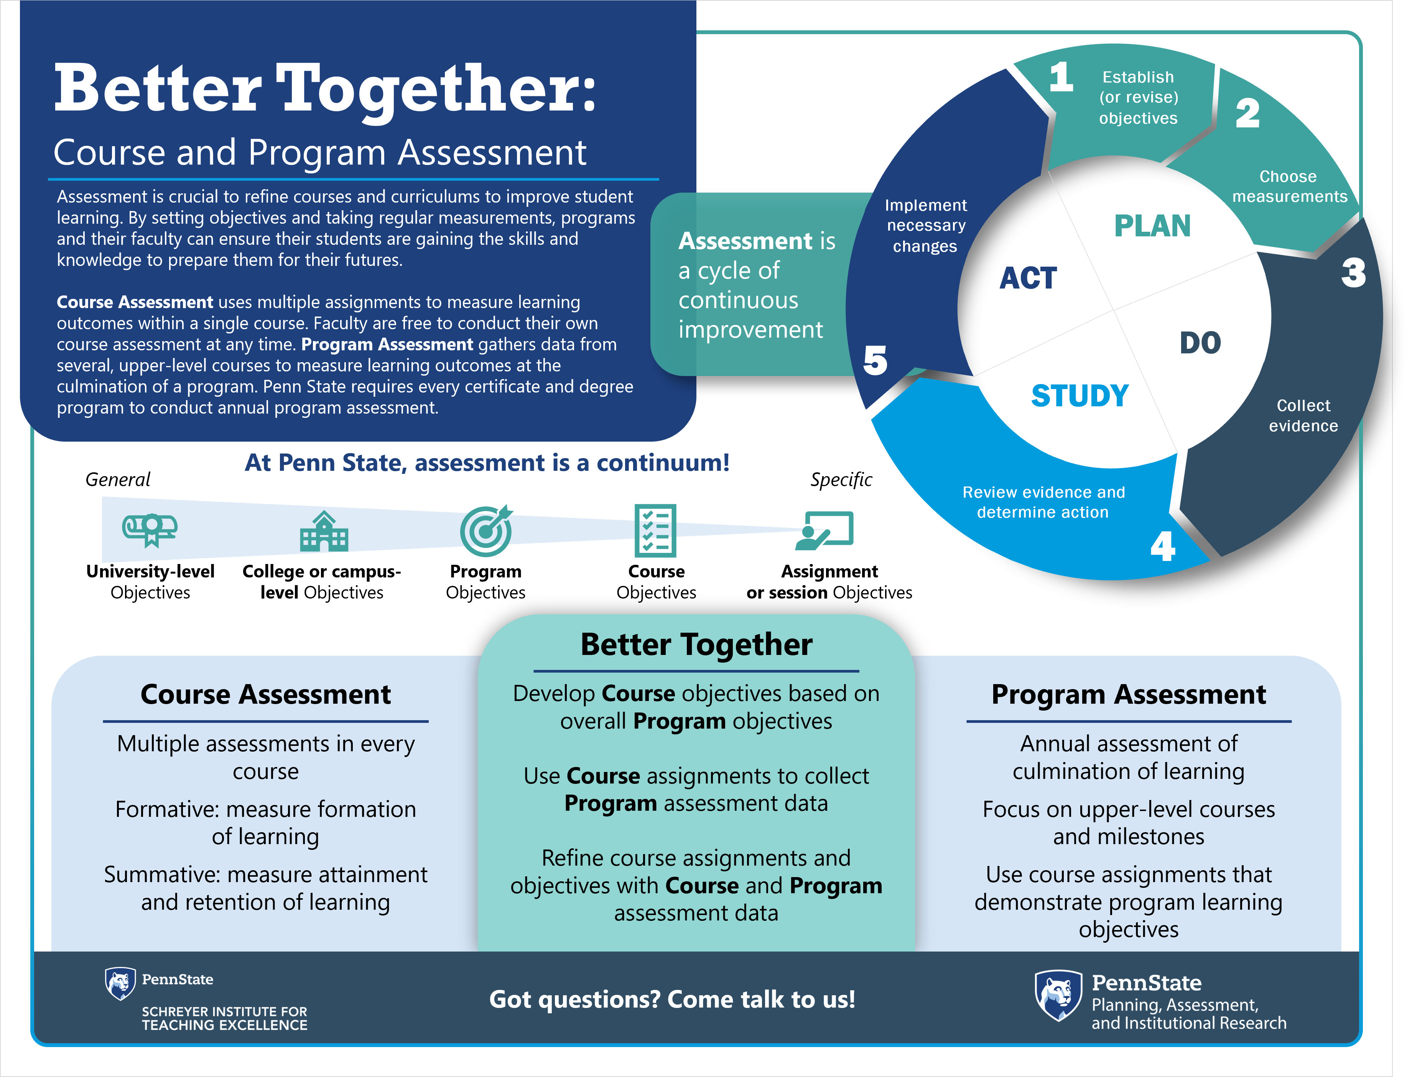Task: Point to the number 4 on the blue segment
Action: (x=1162, y=546)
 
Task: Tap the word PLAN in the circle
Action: (x=1152, y=226)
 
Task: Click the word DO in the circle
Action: (x=1200, y=343)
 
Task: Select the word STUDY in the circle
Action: (x=1080, y=396)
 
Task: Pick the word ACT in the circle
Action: (x=1028, y=278)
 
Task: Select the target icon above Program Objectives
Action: (x=486, y=531)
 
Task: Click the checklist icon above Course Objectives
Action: (x=655, y=530)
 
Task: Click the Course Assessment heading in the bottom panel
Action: (x=265, y=694)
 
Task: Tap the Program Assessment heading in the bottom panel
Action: (x=1128, y=694)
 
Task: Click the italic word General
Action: (x=118, y=480)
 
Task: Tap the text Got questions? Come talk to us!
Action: (x=672, y=999)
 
